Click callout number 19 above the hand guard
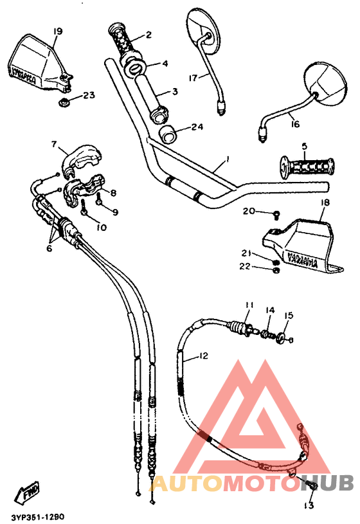coord(58,31)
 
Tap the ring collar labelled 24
coord(169,134)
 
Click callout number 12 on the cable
coord(204,356)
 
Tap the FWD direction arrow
coord(28,493)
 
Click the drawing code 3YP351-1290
coord(37,516)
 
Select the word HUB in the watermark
coord(328,483)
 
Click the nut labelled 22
coord(274,270)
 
